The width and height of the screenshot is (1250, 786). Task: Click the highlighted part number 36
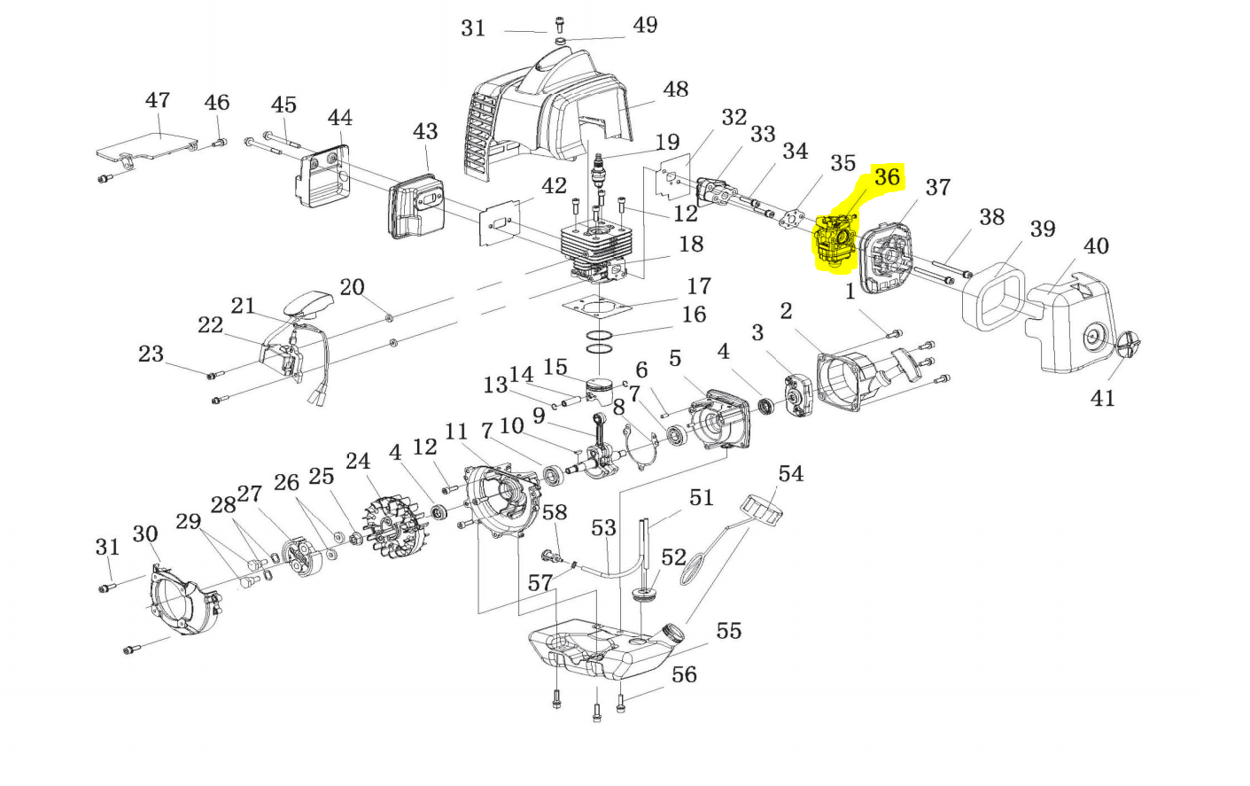(x=887, y=177)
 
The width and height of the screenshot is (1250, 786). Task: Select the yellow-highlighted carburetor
(x=835, y=245)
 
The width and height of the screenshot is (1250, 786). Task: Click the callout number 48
(x=675, y=89)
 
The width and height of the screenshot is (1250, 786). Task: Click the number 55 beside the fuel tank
(x=729, y=631)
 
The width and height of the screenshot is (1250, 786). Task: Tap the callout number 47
(x=158, y=100)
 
